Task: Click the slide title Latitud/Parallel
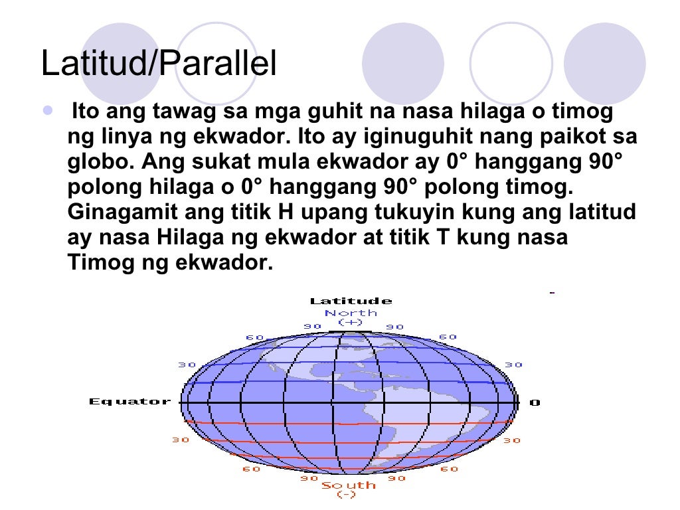158,64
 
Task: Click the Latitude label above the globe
351,301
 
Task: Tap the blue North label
351,312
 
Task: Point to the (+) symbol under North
351,322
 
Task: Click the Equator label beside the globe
129,401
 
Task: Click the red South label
349,485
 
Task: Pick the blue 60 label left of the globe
255,337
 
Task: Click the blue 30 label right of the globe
513,365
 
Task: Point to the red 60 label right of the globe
450,469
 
